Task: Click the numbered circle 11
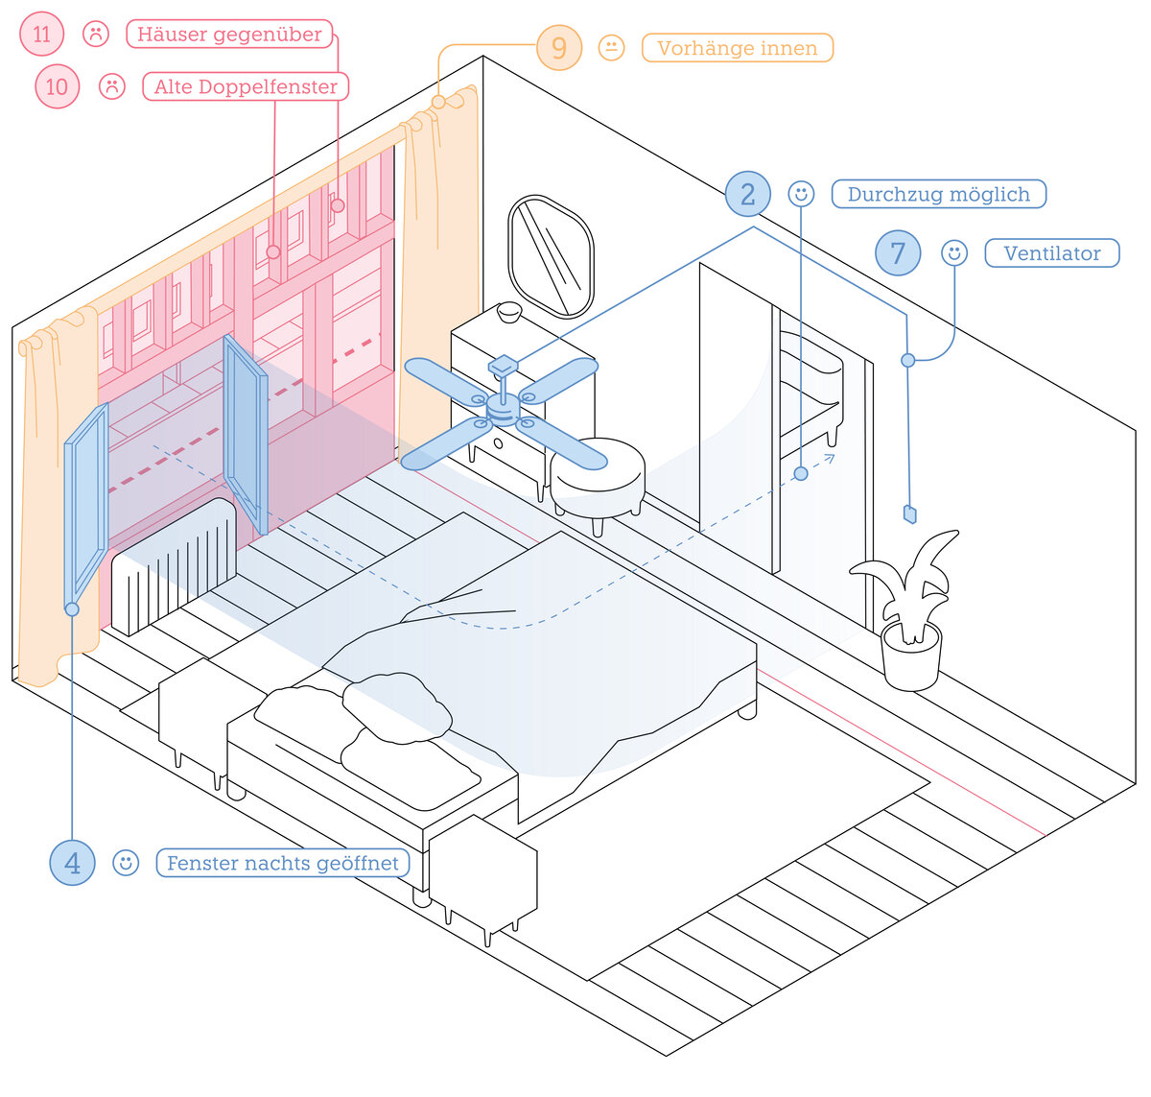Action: coord(41,34)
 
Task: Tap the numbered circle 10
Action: coord(58,86)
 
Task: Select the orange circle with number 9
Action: coord(559,47)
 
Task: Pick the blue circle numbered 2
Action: coord(747,194)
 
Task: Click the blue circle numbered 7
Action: coord(898,252)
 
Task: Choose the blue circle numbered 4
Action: coord(73,863)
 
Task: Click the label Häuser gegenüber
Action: coord(229,34)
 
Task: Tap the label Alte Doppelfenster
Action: coord(246,86)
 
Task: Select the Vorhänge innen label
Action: coord(737,47)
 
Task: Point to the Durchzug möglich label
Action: coord(938,194)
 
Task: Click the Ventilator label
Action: coord(1052,252)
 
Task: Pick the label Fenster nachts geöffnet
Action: coord(283,863)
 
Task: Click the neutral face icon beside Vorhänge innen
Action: coord(611,47)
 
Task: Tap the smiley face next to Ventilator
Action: coord(954,252)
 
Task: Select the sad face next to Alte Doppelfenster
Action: coord(112,86)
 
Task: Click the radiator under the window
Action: coord(174,565)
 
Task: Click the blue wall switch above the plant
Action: coord(910,513)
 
